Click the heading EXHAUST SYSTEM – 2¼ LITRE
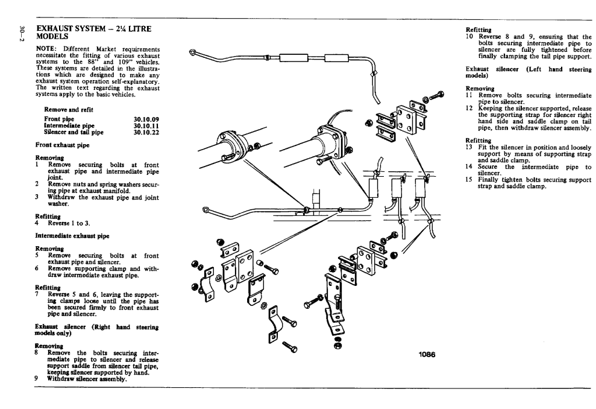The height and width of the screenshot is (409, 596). click(x=93, y=28)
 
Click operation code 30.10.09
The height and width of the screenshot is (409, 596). click(x=146, y=119)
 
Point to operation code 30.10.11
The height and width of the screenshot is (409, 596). click(x=146, y=125)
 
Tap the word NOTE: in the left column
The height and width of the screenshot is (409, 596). click(x=47, y=48)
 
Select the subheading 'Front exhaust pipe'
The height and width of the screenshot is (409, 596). click(x=63, y=145)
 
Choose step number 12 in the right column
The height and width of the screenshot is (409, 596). click(x=469, y=107)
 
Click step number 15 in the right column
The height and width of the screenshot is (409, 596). click(x=469, y=179)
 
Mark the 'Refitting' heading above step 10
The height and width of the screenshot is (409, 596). click(x=478, y=28)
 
